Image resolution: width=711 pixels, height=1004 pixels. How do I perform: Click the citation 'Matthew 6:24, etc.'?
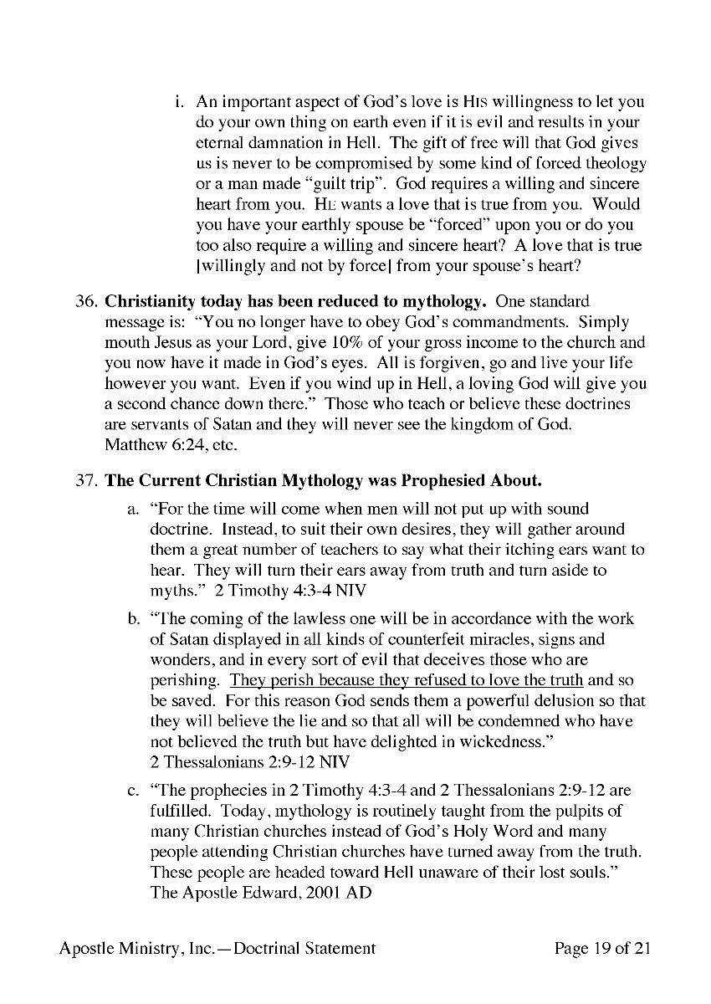coord(160,444)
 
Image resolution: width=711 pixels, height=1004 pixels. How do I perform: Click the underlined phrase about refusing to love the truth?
coord(407,680)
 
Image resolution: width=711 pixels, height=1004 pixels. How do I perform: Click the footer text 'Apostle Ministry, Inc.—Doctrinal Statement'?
coord(217,948)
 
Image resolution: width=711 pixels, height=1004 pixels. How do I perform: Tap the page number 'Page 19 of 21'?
coord(602,948)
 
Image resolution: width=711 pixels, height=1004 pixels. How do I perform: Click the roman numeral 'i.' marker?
coord(179,102)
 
